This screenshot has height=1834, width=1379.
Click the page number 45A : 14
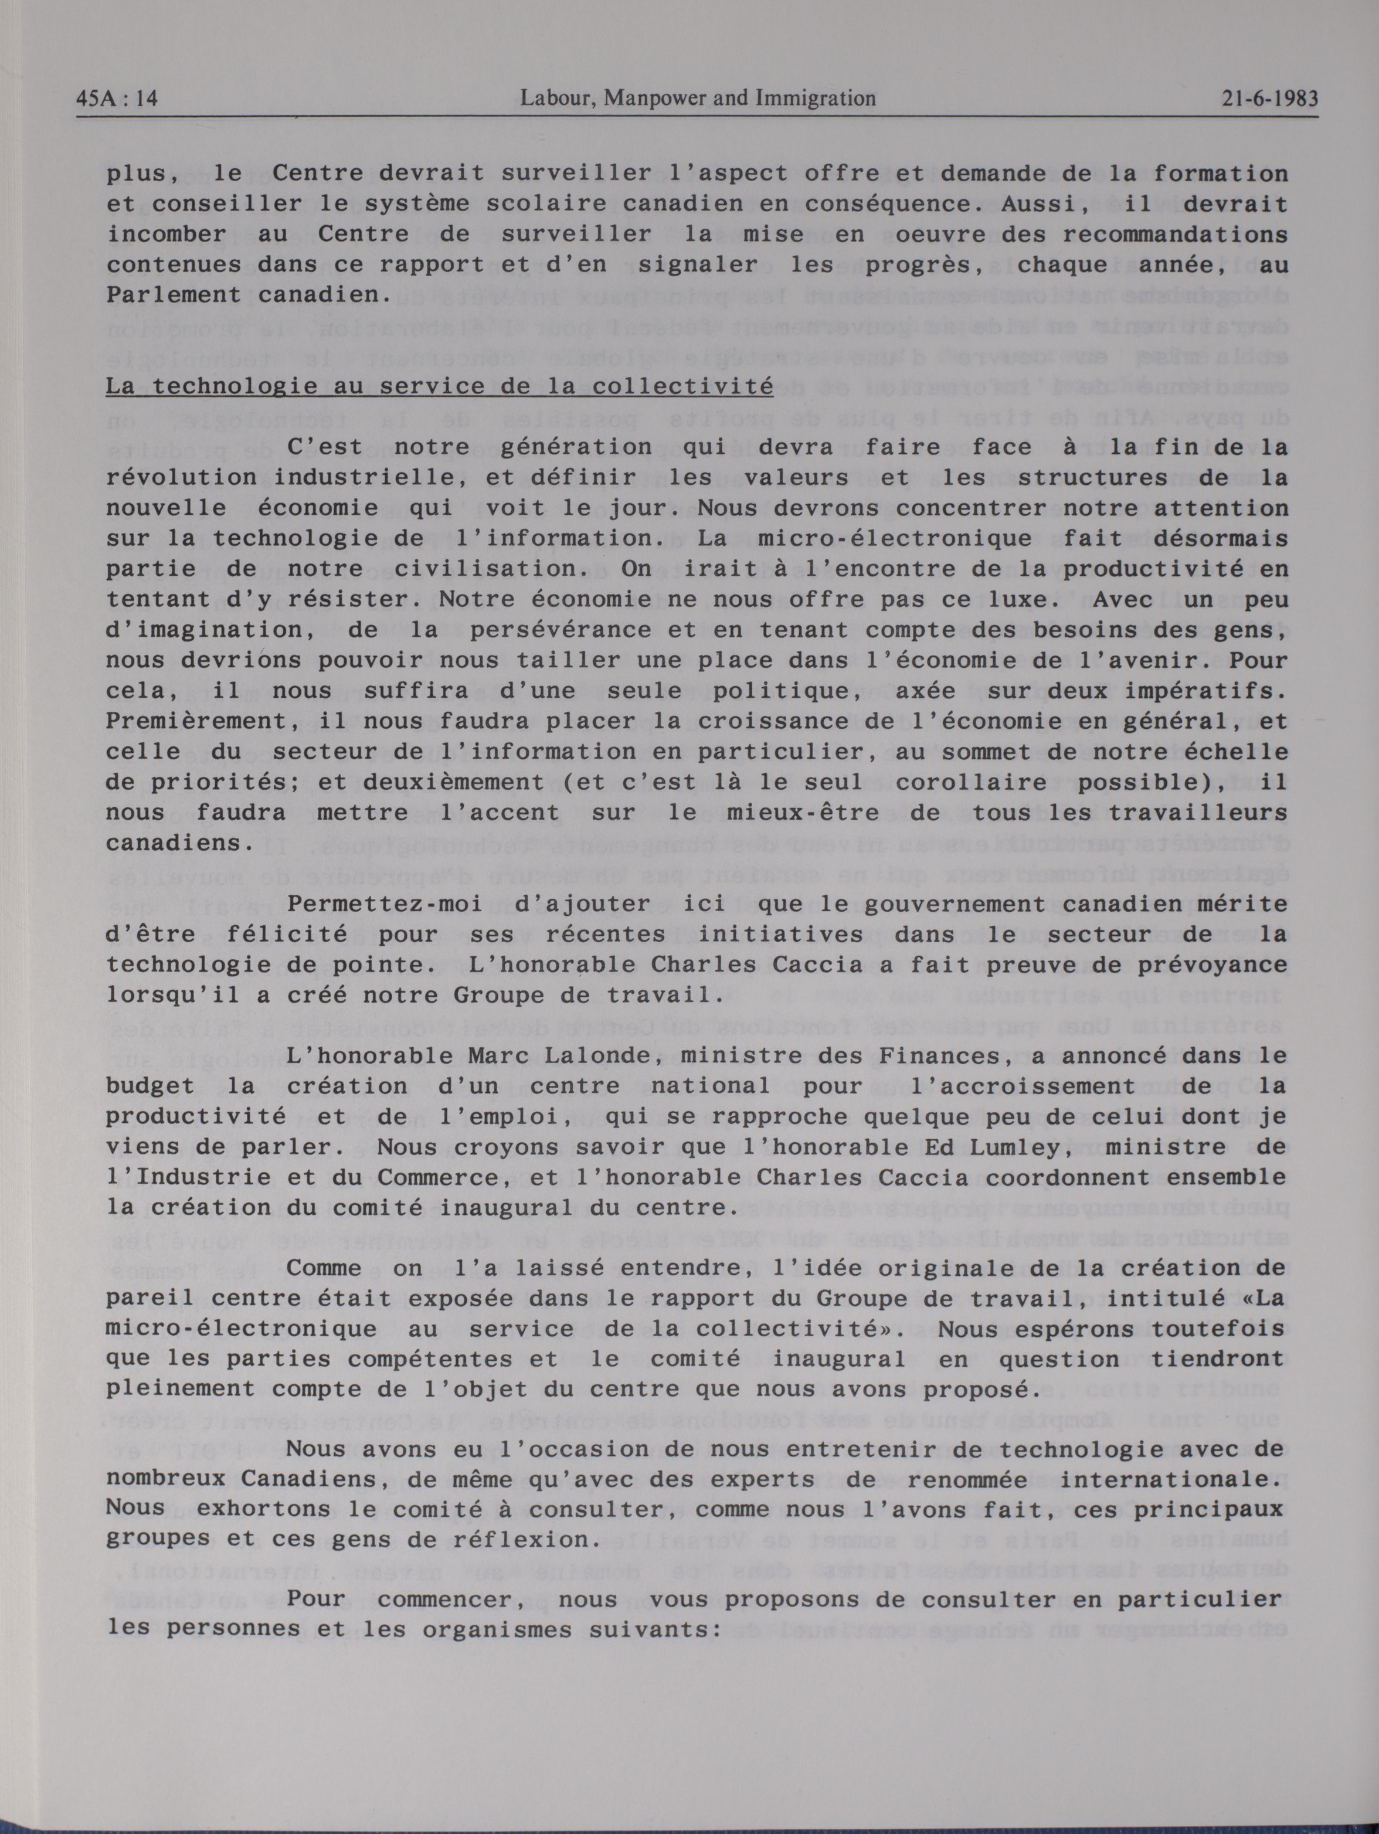pyautogui.click(x=117, y=100)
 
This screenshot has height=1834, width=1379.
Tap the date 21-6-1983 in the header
pyautogui.click(x=1269, y=100)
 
